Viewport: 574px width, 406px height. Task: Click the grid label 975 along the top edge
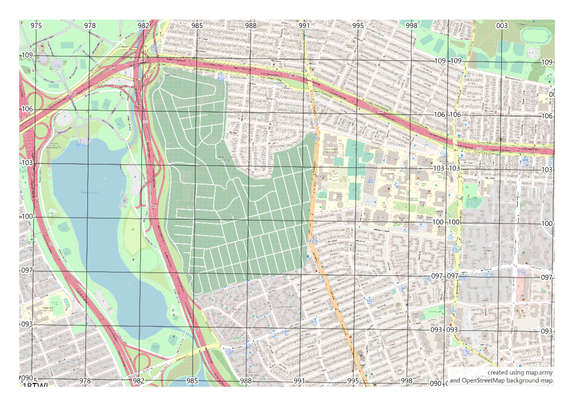[36, 25]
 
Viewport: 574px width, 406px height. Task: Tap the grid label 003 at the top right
[502, 25]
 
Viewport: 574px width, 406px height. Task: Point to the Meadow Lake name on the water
[89, 192]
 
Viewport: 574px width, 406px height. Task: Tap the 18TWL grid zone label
[36, 385]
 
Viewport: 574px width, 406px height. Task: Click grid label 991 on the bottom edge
[299, 381]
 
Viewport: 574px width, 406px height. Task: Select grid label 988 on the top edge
[251, 25]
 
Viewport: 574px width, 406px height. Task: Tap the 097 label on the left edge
[27, 270]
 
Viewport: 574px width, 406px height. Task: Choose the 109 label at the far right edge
[547, 62]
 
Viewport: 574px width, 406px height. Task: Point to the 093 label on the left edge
[27, 324]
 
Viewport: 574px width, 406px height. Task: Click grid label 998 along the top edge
[411, 25]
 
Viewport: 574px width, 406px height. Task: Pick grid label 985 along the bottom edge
[192, 381]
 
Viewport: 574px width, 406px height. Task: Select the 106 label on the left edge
[27, 109]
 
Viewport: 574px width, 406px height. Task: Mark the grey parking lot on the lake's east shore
[132, 177]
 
